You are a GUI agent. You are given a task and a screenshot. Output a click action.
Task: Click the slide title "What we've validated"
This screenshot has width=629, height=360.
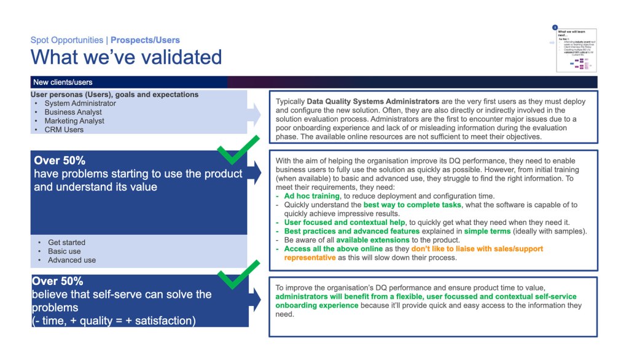point(126,57)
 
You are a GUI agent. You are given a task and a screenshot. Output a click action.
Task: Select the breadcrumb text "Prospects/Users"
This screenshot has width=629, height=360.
point(146,40)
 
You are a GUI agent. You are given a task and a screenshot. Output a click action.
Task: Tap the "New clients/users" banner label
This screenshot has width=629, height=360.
point(63,82)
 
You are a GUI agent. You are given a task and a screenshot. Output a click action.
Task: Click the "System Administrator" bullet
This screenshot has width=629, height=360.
point(80,103)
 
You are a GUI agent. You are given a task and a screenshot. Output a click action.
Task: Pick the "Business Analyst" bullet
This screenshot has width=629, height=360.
point(73,112)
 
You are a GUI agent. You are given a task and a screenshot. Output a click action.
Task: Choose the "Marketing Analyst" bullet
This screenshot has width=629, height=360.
point(74,121)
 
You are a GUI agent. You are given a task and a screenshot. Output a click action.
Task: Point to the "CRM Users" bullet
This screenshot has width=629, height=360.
point(64,130)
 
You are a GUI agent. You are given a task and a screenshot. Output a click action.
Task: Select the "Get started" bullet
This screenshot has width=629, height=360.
point(66,243)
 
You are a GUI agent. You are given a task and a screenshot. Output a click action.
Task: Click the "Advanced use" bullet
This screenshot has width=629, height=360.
point(72,260)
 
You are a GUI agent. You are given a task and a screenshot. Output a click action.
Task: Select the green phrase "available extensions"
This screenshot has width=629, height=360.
point(372,240)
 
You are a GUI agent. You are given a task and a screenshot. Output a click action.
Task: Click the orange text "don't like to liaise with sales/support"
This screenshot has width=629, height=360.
point(477,249)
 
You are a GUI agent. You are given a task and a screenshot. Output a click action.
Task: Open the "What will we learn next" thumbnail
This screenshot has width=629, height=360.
point(576,49)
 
